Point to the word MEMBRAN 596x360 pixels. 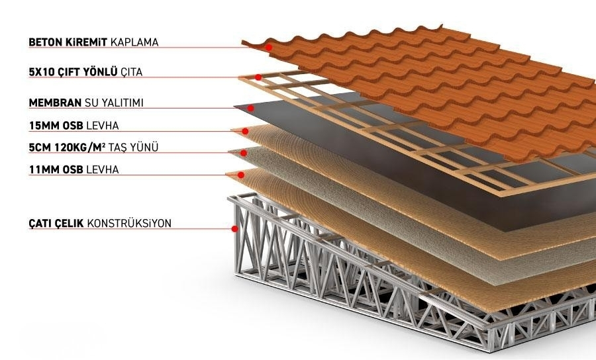pyautogui.click(x=55, y=103)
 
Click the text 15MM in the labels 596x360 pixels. pyautogui.click(x=43, y=125)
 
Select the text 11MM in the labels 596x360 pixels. pyautogui.click(x=43, y=169)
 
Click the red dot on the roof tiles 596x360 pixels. pyautogui.click(x=269, y=48)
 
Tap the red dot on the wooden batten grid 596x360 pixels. pyautogui.click(x=258, y=77)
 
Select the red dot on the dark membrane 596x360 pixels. pyautogui.click(x=250, y=108)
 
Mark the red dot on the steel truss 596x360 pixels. pyautogui.click(x=235, y=229)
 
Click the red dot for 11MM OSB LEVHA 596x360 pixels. pyautogui.click(x=241, y=175)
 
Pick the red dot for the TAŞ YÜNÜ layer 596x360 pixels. pyautogui.click(x=244, y=153)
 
